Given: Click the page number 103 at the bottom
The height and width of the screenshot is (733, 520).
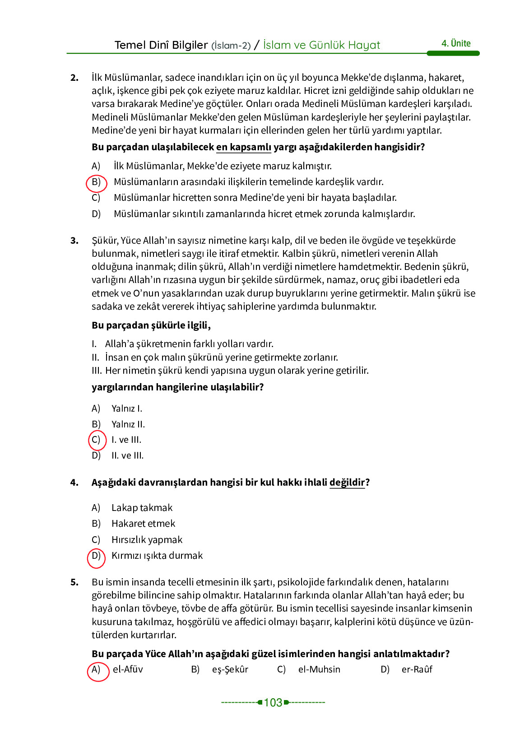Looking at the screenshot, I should tap(273, 702).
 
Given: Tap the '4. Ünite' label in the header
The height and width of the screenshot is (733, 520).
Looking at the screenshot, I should tap(456, 43).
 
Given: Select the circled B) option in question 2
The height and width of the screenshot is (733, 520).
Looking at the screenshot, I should tap(96, 182).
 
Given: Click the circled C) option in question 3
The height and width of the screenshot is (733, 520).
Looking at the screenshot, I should tap(96, 440).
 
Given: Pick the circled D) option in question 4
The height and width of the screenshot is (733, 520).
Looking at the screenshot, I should tap(96, 556).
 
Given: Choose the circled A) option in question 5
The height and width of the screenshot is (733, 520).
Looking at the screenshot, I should tap(97, 670).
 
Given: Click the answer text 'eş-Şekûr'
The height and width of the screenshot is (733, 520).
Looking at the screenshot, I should tap(230, 669).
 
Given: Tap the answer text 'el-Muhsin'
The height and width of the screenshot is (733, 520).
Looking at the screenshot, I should tap(319, 669).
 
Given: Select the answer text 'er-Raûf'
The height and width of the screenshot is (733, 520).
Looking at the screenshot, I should tap(417, 669).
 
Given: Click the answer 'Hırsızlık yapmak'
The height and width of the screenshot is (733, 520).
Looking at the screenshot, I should tap(147, 540).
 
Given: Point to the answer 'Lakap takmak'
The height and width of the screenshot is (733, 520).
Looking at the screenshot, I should tap(142, 508).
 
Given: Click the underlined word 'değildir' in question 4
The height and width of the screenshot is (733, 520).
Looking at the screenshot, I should tap(347, 482).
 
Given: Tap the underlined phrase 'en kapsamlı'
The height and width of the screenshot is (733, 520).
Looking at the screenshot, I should tap(244, 147).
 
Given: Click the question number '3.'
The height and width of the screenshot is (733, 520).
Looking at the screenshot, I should tap(74, 241).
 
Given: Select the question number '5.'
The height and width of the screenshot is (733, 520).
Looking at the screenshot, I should tap(74, 582).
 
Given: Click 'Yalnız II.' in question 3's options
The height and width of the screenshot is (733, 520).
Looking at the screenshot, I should tap(128, 424).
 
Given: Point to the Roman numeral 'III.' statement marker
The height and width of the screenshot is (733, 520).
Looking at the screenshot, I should tap(97, 371).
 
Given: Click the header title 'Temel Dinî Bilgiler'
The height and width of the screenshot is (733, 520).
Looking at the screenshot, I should tap(161, 45).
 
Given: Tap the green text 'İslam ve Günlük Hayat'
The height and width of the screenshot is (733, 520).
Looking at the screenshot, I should tap(321, 45).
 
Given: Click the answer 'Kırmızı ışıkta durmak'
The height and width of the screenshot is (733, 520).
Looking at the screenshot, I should tap(157, 556).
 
